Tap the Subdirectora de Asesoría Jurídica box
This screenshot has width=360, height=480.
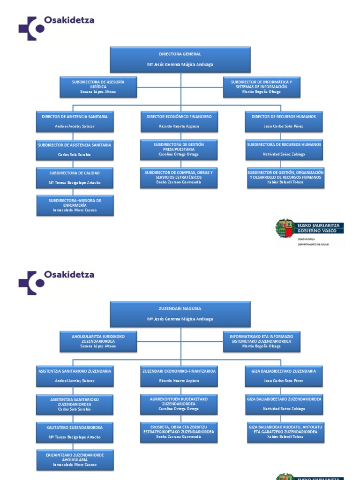coord(98,87)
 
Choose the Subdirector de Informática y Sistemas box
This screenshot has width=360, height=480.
coord(261,87)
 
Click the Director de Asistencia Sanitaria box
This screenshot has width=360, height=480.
coord(75,121)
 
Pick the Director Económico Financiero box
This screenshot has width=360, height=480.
coord(179,121)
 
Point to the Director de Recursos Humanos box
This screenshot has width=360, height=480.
coord(284,121)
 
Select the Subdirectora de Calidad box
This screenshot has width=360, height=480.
coord(75,178)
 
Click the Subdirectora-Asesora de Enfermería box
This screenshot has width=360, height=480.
coord(75,205)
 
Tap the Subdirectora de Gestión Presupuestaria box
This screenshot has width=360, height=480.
coord(179,150)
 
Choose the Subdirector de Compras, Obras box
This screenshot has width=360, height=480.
coord(179,178)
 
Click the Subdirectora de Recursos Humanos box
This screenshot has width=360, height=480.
coord(284,150)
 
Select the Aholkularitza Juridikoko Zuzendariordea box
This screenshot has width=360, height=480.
coord(98,341)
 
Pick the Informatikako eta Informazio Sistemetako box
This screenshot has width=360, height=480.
coord(261,341)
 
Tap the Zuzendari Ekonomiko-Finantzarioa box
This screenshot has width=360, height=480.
coord(179,375)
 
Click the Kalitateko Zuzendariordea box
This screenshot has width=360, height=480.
coord(75,432)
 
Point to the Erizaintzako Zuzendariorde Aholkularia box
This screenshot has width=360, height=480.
coord(75,460)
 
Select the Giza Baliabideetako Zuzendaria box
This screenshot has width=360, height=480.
coord(284,375)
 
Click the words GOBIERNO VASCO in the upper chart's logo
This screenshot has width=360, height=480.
coord(319,231)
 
